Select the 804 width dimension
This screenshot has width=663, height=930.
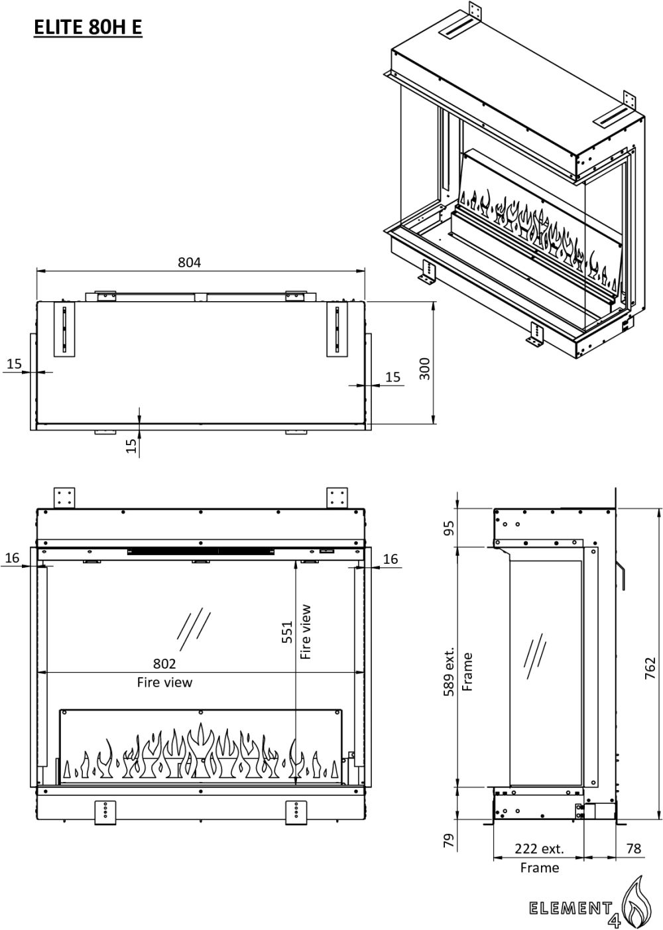[x=189, y=262]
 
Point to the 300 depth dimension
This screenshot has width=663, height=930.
[x=425, y=369]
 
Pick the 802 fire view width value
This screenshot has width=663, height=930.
[x=164, y=663]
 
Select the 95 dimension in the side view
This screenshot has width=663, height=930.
[x=450, y=528]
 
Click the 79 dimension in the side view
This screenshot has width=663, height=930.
[x=450, y=841]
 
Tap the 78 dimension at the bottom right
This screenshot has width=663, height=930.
[x=633, y=848]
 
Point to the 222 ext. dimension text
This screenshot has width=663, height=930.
[x=538, y=848]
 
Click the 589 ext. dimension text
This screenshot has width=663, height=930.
[x=450, y=671]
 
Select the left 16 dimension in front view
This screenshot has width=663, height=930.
[x=13, y=558]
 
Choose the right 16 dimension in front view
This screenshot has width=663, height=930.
[x=391, y=559]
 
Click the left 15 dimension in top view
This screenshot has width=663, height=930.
[x=14, y=364]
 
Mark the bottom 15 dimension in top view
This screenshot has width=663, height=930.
[x=131, y=445]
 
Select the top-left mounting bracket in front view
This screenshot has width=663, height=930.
[x=65, y=498]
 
